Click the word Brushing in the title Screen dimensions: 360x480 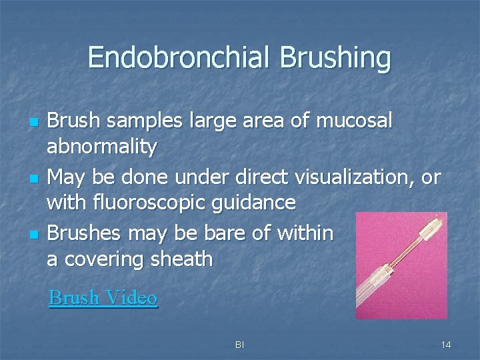(x=335, y=58)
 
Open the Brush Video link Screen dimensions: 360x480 (x=103, y=297)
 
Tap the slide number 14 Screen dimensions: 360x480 (x=446, y=345)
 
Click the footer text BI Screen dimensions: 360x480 (x=239, y=345)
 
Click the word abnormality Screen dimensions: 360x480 (x=102, y=147)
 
